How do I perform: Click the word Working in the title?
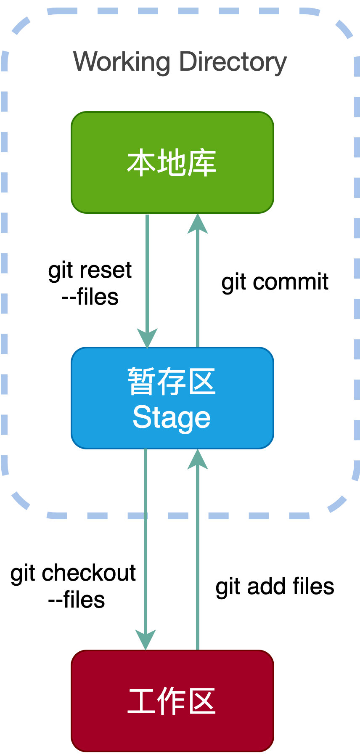coord(122,62)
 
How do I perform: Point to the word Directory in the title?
coord(233,62)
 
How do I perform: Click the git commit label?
coord(275,282)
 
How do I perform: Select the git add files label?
coord(275,586)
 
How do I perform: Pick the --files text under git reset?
coord(90,297)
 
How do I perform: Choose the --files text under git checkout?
coord(77,600)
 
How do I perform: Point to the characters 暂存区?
coord(172,381)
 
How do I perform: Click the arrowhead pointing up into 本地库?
coord(198,224)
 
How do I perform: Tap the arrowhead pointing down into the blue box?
coord(147,337)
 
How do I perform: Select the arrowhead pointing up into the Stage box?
coord(198,459)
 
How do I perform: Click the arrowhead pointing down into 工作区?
coord(146,640)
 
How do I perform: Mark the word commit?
coord(291,282)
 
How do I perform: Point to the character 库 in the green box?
coord(202,163)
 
